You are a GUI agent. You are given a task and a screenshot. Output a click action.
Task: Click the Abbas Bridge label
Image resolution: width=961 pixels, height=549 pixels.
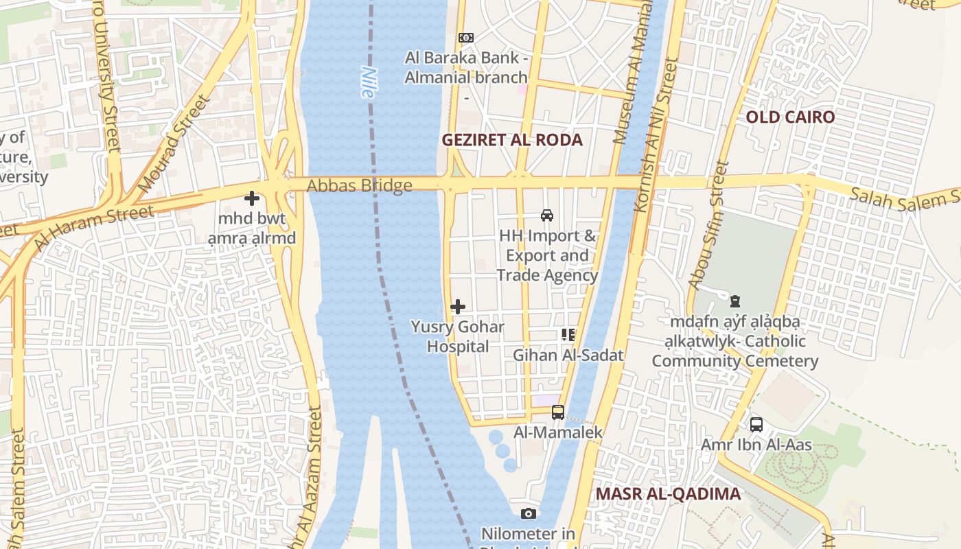pyautogui.click(x=359, y=186)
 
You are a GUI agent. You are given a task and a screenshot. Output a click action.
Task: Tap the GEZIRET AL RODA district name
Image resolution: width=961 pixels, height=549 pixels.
pyautogui.click(x=511, y=140)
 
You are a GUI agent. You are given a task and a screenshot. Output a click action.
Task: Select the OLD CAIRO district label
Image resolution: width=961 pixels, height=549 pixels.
pyautogui.click(x=790, y=117)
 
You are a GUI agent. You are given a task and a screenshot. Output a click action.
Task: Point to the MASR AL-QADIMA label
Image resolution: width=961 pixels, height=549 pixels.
pyautogui.click(x=668, y=494)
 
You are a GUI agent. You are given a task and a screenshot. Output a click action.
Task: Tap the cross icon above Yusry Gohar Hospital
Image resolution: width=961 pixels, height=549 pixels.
pyautogui.click(x=458, y=307)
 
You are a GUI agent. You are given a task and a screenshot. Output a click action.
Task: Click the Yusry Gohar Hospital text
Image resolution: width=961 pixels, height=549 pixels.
pyautogui.click(x=458, y=337)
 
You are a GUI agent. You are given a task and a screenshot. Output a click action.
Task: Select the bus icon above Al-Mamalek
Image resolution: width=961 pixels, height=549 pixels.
pyautogui.click(x=558, y=412)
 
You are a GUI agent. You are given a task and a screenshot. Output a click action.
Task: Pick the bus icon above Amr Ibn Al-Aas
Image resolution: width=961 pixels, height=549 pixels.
pyautogui.click(x=756, y=425)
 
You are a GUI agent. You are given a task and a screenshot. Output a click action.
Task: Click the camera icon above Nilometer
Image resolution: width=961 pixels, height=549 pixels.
pyautogui.click(x=528, y=513)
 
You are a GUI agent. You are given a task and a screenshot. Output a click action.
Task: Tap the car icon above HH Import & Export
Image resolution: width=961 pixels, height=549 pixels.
pyautogui.click(x=547, y=215)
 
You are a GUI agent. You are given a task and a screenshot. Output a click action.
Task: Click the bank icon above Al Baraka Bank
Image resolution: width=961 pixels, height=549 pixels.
pyautogui.click(x=466, y=38)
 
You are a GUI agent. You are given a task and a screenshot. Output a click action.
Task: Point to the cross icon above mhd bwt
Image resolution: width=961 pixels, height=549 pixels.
pyautogui.click(x=252, y=199)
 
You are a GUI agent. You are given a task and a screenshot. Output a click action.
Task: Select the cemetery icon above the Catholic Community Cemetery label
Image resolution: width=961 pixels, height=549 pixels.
pyautogui.click(x=735, y=301)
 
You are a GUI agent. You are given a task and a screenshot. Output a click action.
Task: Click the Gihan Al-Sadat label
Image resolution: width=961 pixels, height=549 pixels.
pyautogui.click(x=568, y=355)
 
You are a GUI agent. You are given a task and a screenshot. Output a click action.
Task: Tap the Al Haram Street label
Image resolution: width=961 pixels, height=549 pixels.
pyautogui.click(x=93, y=227)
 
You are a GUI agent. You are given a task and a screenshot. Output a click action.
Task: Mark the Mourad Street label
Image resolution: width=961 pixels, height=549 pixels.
pyautogui.click(x=173, y=144)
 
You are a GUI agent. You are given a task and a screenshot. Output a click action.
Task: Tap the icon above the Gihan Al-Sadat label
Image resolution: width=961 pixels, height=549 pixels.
pyautogui.click(x=568, y=335)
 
